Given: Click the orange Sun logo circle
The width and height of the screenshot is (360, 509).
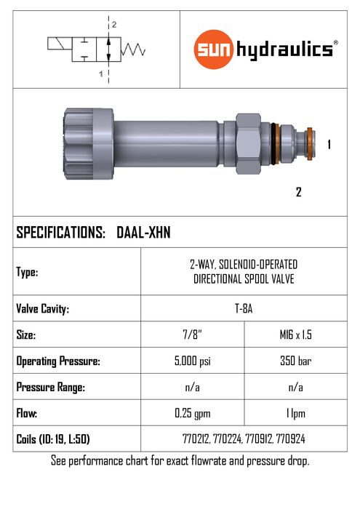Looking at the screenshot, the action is [x=214, y=49].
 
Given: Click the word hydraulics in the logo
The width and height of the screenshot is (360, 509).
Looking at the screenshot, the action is [x=284, y=50].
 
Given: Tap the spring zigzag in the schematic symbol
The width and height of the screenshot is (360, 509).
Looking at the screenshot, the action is [x=133, y=49].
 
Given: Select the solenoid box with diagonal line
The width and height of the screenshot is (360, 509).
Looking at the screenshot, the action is [x=60, y=44].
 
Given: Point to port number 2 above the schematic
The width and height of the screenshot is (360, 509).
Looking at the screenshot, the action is [x=114, y=25].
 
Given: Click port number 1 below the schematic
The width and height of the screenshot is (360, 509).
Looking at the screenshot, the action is [x=101, y=74].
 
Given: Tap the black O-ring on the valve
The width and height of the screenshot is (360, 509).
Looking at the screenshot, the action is [x=275, y=143].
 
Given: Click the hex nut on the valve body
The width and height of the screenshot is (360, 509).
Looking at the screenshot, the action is [x=248, y=143].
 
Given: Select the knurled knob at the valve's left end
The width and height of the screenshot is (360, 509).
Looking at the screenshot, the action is [x=89, y=144].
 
